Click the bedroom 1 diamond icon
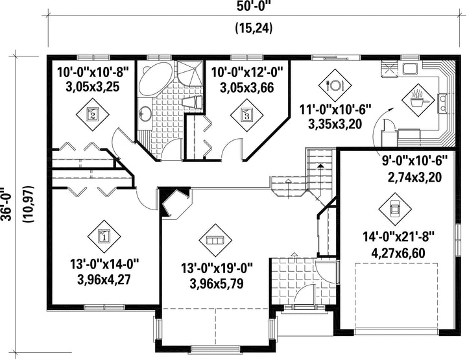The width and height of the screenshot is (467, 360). [x=104, y=237]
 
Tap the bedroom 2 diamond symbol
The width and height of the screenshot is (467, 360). [x=92, y=114]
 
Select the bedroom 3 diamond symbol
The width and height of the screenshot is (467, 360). [x=247, y=114]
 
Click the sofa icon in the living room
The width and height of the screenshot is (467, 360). [x=215, y=240]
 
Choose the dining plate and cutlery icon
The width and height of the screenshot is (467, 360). [x=335, y=86]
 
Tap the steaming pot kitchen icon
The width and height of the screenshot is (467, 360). [x=418, y=100]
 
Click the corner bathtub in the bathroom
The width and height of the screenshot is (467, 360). [x=156, y=79]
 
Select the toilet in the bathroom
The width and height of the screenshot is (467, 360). [x=193, y=102]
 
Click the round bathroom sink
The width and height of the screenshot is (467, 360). [x=145, y=114]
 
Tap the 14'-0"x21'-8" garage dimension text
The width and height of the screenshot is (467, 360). [x=398, y=237]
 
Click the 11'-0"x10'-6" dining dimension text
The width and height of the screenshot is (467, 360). [x=335, y=109]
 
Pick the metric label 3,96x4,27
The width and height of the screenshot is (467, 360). [x=104, y=280]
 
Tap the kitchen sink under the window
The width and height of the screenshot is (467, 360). [x=411, y=69]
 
